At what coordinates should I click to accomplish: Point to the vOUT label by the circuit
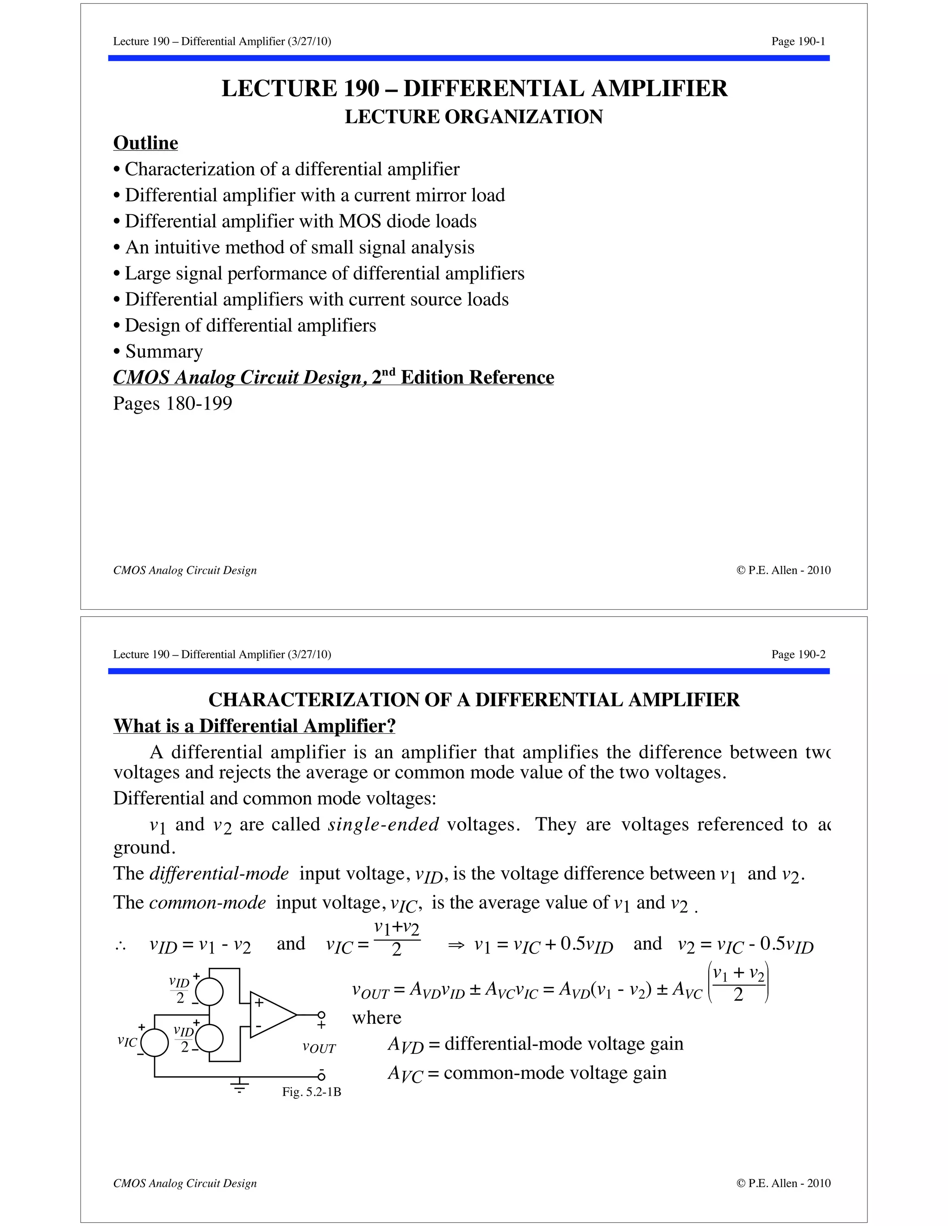(319, 1047)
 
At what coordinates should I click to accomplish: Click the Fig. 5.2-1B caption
(311, 1092)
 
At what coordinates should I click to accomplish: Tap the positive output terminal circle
(321, 1015)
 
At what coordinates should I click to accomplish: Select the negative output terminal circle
(321, 1076)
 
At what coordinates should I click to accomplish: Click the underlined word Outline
(145, 143)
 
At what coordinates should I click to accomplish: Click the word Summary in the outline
(163, 352)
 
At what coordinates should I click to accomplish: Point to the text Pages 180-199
(172, 403)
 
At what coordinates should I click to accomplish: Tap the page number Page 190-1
(798, 41)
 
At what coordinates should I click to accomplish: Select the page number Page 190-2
(798, 654)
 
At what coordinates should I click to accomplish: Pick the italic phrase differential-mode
(219, 873)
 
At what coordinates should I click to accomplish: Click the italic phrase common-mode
(207, 902)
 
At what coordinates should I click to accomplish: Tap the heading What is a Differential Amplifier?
(255, 726)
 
